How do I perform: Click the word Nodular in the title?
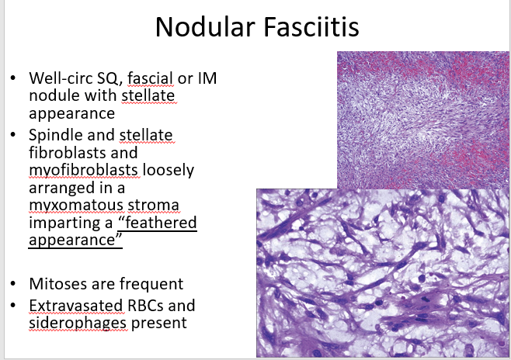205,27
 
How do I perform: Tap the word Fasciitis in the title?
311,27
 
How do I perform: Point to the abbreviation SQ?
109,79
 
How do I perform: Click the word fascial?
150,78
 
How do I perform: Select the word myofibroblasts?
83,171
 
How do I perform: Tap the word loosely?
169,171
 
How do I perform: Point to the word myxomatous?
76,206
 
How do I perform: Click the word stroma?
153,206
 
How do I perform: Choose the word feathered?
161,223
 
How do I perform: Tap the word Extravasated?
76,306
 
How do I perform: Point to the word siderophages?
78,324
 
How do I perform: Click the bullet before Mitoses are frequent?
12,284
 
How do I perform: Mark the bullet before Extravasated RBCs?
12,306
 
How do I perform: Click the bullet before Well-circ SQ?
12,78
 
